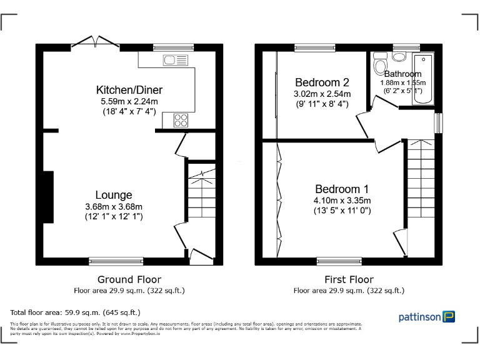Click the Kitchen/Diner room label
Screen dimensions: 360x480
[x=129, y=90]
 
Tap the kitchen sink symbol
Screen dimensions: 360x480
[x=175, y=60]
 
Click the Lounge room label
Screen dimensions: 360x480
[x=114, y=195]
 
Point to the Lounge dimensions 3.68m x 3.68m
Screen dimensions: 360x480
[x=114, y=206]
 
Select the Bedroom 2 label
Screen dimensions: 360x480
[x=322, y=82]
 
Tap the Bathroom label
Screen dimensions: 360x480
[x=402, y=74]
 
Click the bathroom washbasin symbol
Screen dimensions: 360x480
[x=399, y=57]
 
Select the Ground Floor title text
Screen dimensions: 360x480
[x=129, y=279]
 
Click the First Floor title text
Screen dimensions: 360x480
[x=349, y=279]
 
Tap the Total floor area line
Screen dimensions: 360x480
[x=76, y=312]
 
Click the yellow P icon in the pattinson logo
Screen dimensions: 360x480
[x=449, y=317]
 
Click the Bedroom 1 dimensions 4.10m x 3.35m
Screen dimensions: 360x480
[x=342, y=201]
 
